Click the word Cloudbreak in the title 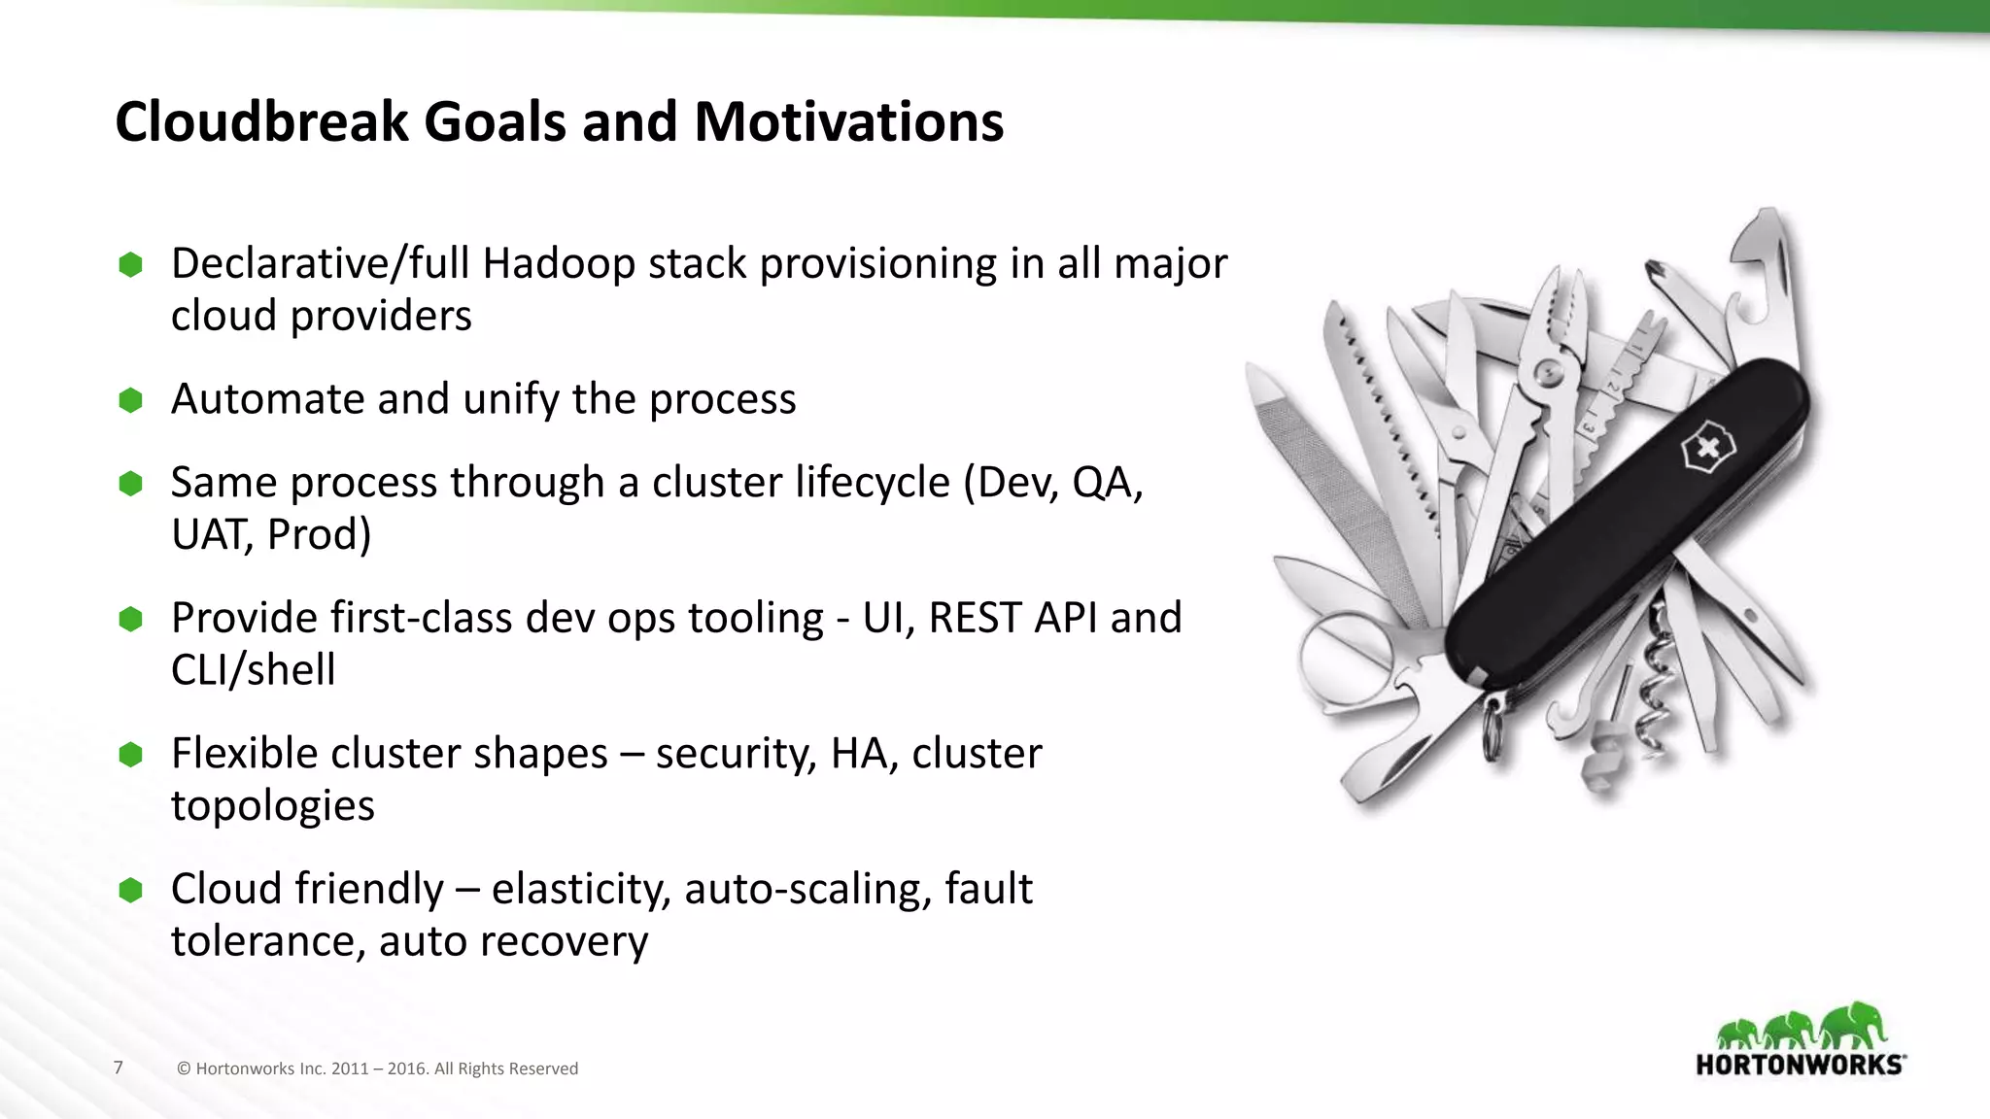click(260, 121)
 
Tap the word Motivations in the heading click(848, 121)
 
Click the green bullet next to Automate click(130, 400)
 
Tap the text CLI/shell click(253, 670)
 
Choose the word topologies click(272, 805)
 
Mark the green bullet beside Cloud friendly click(130, 890)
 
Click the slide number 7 click(119, 1068)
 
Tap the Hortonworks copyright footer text click(377, 1068)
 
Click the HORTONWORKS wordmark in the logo click(1800, 1065)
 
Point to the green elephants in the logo click(1800, 1028)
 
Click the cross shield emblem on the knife click(1707, 450)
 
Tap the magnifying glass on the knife click(1346, 661)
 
